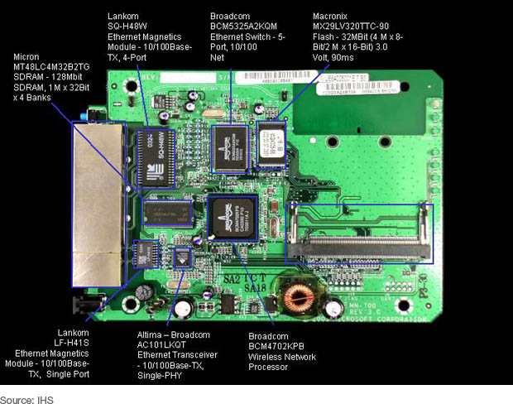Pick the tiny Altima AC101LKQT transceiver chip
click(183, 258)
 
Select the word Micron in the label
click(28, 57)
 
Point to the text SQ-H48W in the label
click(129, 27)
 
